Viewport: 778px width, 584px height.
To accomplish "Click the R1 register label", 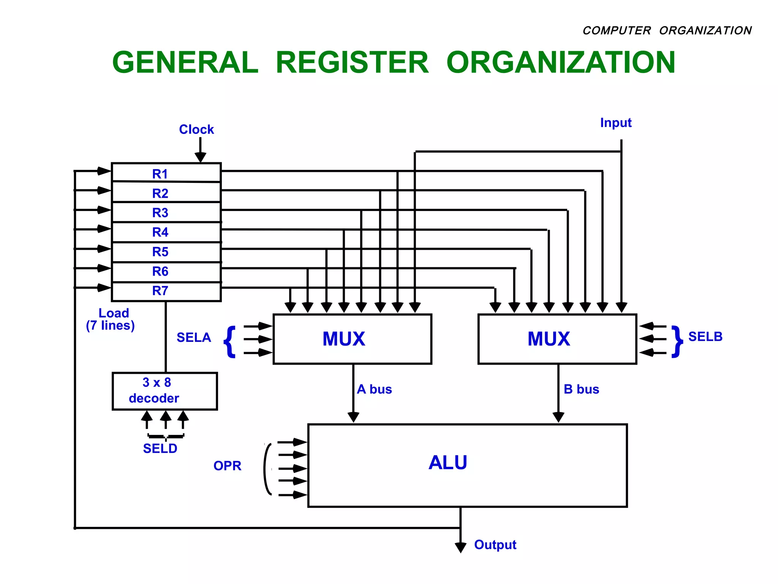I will [x=160, y=174].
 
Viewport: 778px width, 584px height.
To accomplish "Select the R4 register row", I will [x=166, y=232].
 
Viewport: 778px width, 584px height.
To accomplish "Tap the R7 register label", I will [x=160, y=291].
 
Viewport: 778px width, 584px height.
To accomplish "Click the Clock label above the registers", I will [x=196, y=130].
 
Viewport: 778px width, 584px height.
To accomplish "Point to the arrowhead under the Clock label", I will [x=200, y=157].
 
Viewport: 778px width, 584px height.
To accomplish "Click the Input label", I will [x=615, y=123].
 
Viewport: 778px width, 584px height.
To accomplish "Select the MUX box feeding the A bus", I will [x=352, y=339].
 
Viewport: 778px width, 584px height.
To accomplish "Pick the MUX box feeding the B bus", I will [x=557, y=339].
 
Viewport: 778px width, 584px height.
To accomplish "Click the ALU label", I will [x=448, y=463].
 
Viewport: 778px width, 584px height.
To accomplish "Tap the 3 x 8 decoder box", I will [x=164, y=391].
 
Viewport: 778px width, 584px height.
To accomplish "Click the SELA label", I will [x=194, y=338].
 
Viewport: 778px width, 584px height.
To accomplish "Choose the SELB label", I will [x=705, y=337].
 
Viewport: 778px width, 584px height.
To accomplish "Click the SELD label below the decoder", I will [x=160, y=449].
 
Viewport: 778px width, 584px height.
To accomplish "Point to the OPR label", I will [x=227, y=466].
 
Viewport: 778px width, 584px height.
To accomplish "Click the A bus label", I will [x=374, y=389].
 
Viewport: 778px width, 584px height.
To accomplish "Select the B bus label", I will [x=581, y=389].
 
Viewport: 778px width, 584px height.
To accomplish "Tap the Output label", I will [x=495, y=545].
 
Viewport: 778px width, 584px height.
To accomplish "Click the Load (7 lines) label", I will [x=111, y=319].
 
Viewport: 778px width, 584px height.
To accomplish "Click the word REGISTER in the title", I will [x=352, y=63].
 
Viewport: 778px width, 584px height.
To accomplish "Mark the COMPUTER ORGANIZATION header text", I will [x=667, y=30].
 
